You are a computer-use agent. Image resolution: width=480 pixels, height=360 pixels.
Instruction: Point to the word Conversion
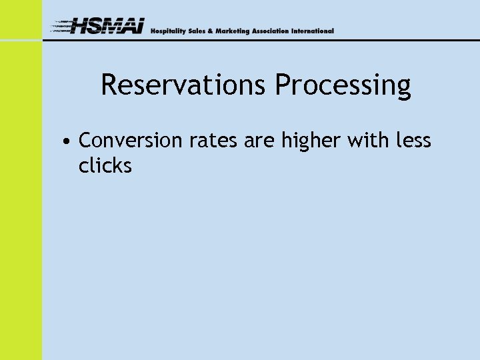130,141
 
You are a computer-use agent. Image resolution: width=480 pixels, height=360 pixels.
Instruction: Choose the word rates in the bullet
210,141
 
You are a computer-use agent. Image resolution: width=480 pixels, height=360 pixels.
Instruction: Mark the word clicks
105,165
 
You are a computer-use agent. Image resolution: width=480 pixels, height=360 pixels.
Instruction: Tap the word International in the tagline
314,31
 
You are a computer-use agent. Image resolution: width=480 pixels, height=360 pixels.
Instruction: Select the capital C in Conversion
85,141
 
